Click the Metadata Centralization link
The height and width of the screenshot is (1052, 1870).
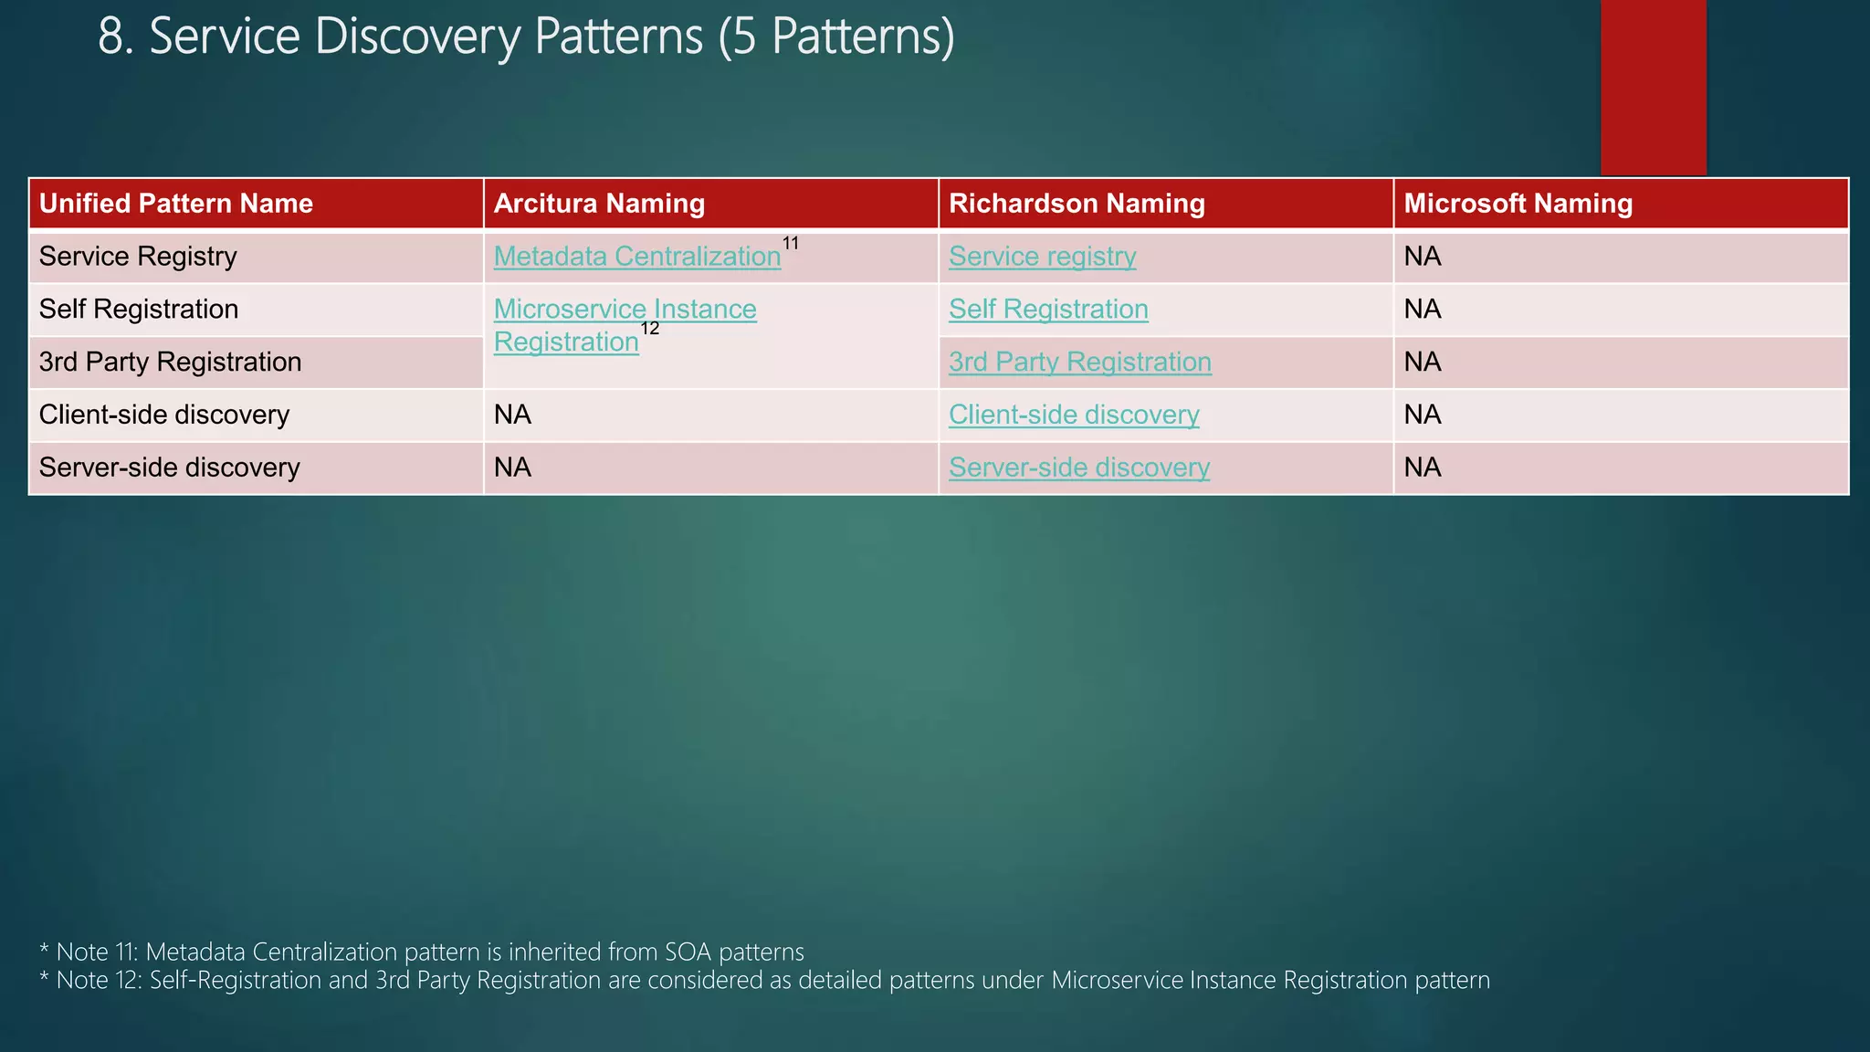636,257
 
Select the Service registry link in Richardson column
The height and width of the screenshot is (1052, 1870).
1042,257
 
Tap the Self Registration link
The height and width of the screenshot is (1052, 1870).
1048,310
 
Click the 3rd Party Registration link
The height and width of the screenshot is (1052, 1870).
1080,363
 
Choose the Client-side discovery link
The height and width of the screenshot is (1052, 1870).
1074,416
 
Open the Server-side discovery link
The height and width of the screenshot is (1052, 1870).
1079,468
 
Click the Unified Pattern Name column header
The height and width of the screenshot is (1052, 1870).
176,204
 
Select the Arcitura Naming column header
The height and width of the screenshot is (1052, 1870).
599,204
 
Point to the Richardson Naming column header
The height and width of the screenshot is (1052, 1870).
1077,204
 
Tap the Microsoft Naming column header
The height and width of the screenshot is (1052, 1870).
1518,204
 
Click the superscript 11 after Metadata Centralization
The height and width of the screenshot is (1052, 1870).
791,243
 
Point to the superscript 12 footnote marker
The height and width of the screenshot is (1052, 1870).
649,329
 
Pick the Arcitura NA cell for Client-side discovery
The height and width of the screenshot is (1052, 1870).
512,416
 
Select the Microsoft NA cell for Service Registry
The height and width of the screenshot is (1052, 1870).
1423,257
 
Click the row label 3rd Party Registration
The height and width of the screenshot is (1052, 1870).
170,363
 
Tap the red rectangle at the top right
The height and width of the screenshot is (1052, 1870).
1653,87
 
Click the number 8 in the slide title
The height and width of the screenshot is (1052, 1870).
110,37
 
